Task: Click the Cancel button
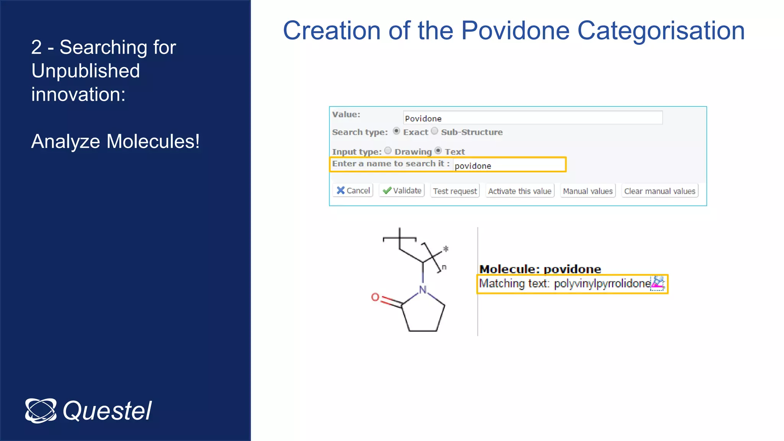click(353, 191)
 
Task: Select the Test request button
click(455, 191)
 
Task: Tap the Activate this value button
click(519, 191)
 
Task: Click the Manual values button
click(588, 191)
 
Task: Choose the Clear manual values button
click(659, 191)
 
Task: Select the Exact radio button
click(397, 131)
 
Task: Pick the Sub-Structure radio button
click(434, 131)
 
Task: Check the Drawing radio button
click(388, 151)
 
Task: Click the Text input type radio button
click(438, 151)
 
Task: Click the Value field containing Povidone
click(532, 118)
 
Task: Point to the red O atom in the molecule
click(375, 297)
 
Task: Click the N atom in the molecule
click(423, 289)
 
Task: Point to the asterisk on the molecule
click(446, 250)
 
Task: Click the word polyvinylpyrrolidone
click(602, 284)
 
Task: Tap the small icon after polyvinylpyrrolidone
click(658, 283)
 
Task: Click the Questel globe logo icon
click(41, 411)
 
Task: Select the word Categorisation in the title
click(661, 31)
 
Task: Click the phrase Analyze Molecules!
click(115, 141)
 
